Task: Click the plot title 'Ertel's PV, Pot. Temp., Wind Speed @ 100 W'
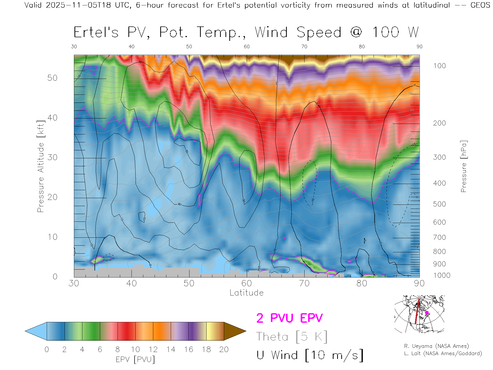246,33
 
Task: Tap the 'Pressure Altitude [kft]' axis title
41,166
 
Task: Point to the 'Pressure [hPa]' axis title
463,166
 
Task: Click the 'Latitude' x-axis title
246,293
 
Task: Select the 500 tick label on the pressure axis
439,204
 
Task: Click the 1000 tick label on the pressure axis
442,275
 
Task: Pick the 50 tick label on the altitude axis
52,78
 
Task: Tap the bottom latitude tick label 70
304,283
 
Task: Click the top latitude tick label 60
246,47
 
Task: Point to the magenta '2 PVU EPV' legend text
289,318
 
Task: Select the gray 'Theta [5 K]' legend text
292,337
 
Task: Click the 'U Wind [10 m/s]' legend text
310,355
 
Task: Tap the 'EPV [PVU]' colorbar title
135,359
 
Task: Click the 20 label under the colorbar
224,349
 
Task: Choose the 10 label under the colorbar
135,349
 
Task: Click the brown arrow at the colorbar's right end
234,331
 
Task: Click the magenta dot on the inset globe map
427,313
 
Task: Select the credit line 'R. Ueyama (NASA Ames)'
436,346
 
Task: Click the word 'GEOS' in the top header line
480,5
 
